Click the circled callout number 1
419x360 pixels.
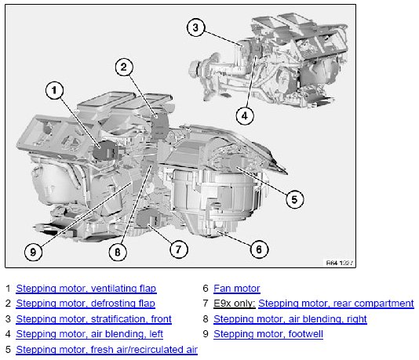(x=54, y=90)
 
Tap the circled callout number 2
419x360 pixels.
(x=124, y=67)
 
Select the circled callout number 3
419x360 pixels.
(x=195, y=27)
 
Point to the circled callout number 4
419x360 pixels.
(x=245, y=116)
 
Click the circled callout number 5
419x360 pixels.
(x=294, y=199)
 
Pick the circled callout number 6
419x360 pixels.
(x=259, y=249)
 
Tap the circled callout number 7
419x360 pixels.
(x=179, y=249)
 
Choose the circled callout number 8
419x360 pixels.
(x=118, y=252)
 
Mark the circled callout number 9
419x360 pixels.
(x=33, y=252)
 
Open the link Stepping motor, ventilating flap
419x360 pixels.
(x=86, y=289)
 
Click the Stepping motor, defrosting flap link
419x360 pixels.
(x=86, y=304)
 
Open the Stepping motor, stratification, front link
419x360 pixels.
(x=94, y=319)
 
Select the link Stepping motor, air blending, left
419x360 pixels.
(x=89, y=334)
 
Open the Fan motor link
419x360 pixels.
(x=237, y=289)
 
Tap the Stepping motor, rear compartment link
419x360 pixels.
(x=336, y=304)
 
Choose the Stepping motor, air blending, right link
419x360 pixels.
(x=290, y=319)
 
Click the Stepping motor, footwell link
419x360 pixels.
(x=268, y=334)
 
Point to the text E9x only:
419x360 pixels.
(x=235, y=304)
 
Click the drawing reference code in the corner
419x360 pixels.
(x=340, y=263)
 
